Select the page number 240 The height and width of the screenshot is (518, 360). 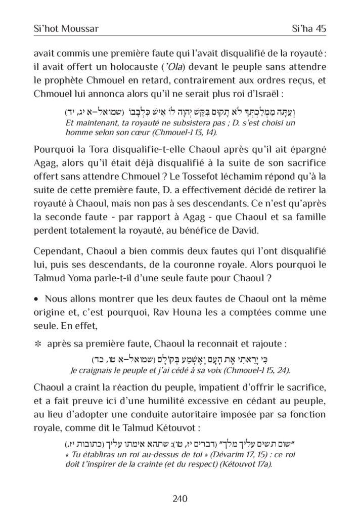click(180, 498)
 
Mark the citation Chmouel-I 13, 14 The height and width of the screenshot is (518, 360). click(170, 133)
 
